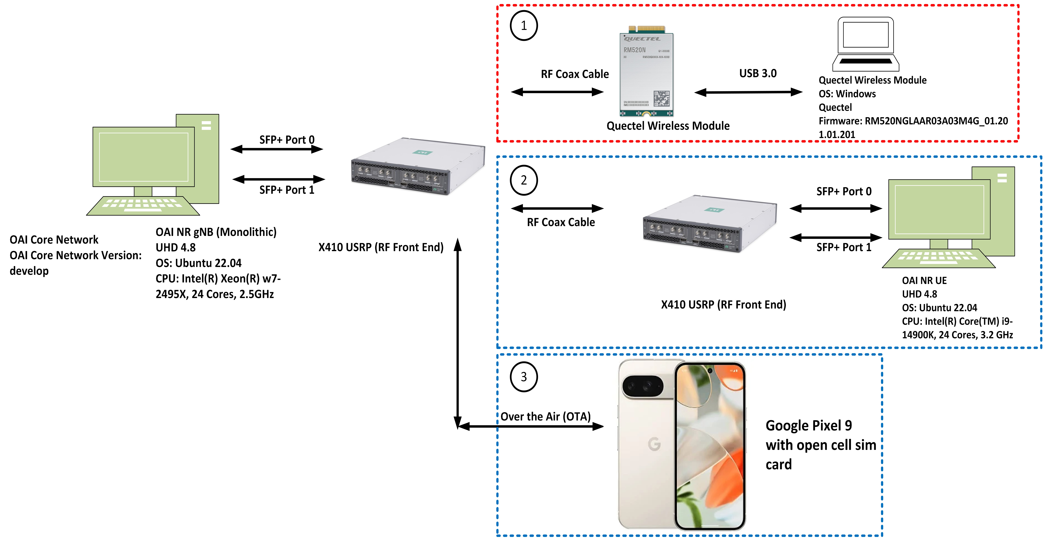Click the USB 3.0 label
click(x=758, y=74)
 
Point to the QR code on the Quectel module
click(x=661, y=98)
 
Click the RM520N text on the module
click(x=634, y=50)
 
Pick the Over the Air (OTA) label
click(x=545, y=417)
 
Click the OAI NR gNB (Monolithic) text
click(x=216, y=232)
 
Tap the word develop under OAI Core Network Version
click(x=29, y=271)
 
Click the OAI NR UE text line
click(x=924, y=280)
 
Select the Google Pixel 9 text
click(x=809, y=426)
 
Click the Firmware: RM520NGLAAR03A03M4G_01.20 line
click(x=913, y=121)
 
